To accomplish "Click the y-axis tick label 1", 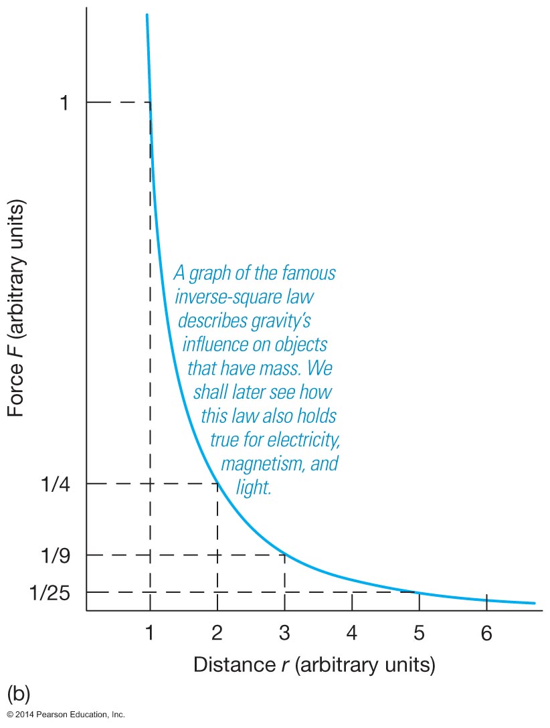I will pos(64,103).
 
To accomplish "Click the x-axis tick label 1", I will pos(150,632).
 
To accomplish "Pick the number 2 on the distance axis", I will pos(217,632).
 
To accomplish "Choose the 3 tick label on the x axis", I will pos(285,632).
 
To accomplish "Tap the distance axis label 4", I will pos(352,632).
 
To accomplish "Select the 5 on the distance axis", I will pos(419,632).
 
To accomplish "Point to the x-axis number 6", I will pos(486,632).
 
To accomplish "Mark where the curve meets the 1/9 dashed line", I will pos(284,555).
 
